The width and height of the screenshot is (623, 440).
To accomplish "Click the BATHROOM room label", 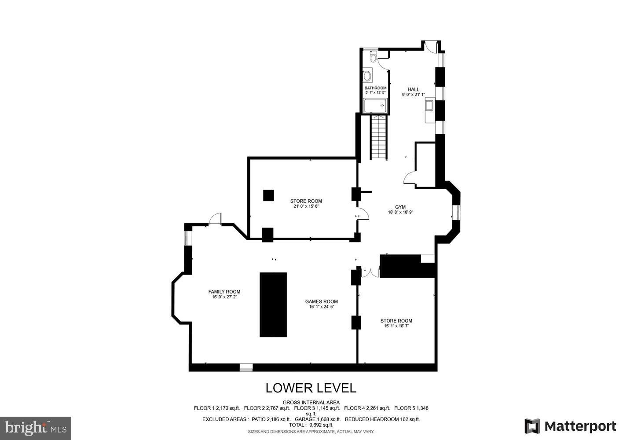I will point(375,88).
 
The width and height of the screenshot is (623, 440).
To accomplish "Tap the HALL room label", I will point(413,89).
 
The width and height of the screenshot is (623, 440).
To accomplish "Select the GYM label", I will point(400,207).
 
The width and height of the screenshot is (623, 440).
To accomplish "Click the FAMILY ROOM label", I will point(224,292).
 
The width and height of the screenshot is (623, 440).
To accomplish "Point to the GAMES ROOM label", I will point(321,301).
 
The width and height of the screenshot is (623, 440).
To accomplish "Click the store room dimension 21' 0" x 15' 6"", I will point(306,206).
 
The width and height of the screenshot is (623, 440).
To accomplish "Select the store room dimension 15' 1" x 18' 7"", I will point(396,326).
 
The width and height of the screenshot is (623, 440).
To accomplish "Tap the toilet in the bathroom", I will point(374,57).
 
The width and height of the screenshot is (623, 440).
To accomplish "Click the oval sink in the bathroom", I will point(367,76).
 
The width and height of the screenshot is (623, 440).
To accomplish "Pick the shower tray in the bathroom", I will point(375,106).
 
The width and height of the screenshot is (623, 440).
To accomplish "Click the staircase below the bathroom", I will point(379,136).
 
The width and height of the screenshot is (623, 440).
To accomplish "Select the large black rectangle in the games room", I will point(273,304).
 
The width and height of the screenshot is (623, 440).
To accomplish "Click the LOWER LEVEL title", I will point(311,388).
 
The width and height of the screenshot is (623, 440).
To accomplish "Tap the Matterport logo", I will point(570,426).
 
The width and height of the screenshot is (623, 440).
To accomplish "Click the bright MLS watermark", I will point(36,428).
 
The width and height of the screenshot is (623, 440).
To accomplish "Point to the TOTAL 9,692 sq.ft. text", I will point(311,425).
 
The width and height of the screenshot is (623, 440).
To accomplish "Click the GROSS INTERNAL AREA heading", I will point(311,402).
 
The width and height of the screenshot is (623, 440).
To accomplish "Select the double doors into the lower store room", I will point(370,273).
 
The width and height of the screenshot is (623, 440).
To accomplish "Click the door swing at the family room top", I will point(215,219).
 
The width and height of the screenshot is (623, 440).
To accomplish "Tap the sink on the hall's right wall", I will point(429,106).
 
